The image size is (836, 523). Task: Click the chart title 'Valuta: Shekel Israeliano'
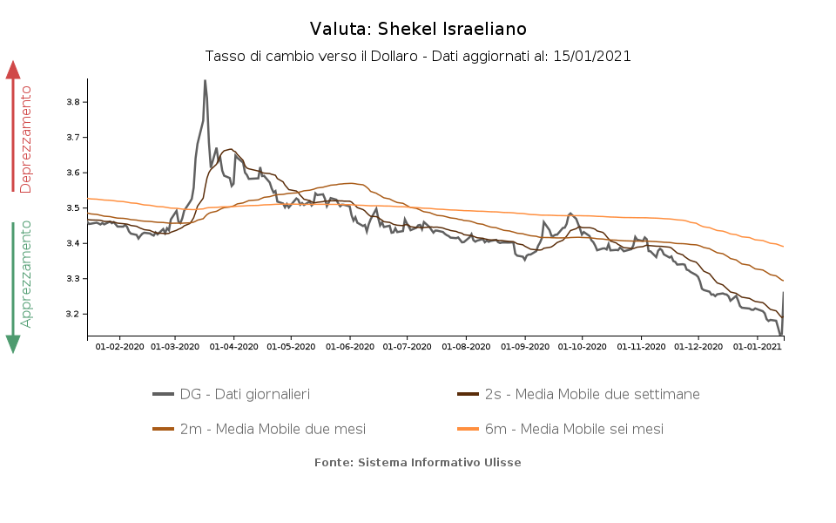pos(418,30)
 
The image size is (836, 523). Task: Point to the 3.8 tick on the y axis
pos(73,102)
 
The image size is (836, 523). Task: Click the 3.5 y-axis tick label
pos(73,208)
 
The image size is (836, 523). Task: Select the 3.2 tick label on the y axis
pos(73,314)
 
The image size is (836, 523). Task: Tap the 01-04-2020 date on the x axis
pos(233,347)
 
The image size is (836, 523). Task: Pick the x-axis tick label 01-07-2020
pos(408,347)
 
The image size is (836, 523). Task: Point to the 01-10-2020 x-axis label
pos(583,347)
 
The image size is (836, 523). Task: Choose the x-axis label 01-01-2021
pos(757,347)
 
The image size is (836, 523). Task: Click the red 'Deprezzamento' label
pos(26,139)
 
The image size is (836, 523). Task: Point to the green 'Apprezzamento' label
pos(26,274)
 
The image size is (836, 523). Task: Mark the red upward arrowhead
pos(13,70)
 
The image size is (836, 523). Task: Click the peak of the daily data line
pos(205,81)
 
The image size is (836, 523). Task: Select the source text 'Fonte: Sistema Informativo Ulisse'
pos(418,463)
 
